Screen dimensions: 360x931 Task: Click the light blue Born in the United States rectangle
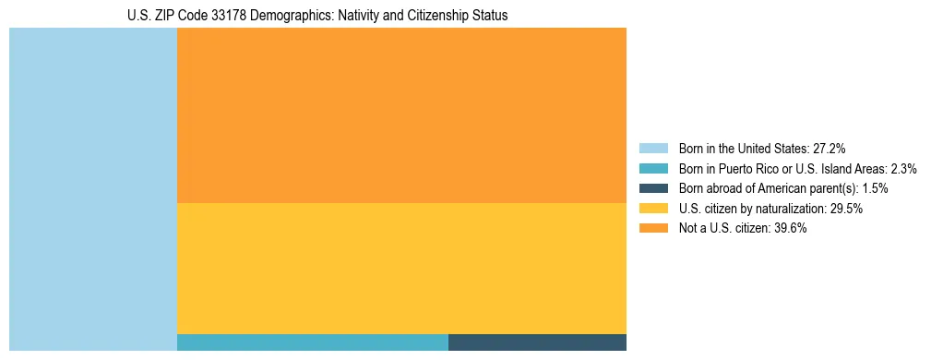pyautogui.click(x=92, y=189)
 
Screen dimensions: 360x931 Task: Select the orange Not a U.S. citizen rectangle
pyautogui.click(x=401, y=115)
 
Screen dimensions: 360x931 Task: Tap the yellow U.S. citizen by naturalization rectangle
pyautogui.click(x=401, y=268)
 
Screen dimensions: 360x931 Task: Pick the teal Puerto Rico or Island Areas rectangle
pyautogui.click(x=312, y=342)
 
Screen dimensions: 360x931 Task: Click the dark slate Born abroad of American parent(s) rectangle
pyautogui.click(x=537, y=342)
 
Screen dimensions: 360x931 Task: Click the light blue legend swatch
pyautogui.click(x=653, y=149)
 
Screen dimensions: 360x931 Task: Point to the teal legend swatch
pyautogui.click(x=653, y=169)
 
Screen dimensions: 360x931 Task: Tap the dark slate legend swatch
pyautogui.click(x=653, y=188)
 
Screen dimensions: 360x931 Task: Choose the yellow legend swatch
pyautogui.click(x=653, y=209)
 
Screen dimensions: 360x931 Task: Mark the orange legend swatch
pyautogui.click(x=653, y=229)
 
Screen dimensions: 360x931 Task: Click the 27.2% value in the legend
pyautogui.click(x=829, y=149)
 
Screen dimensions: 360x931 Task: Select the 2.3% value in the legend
pyautogui.click(x=903, y=169)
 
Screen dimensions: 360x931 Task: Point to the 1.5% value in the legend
pyautogui.click(x=875, y=188)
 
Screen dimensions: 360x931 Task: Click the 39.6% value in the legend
pyautogui.click(x=790, y=229)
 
